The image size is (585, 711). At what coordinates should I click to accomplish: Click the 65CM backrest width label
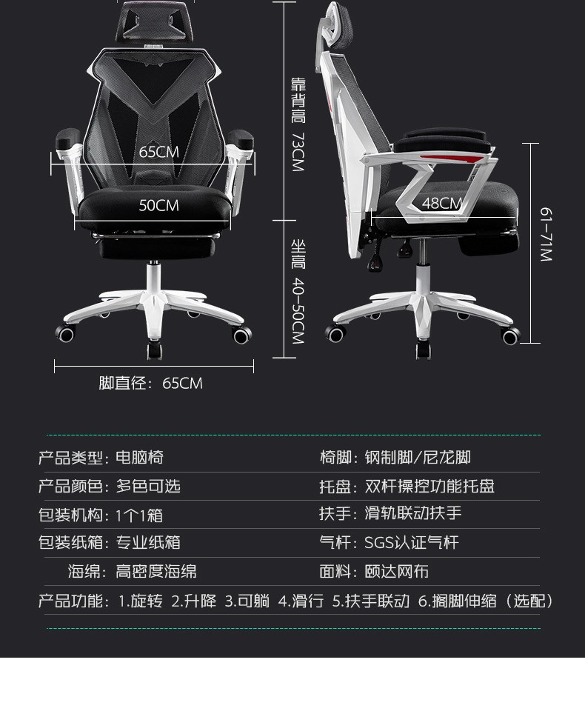pyautogui.click(x=159, y=152)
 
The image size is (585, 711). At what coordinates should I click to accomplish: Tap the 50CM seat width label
pyautogui.click(x=158, y=205)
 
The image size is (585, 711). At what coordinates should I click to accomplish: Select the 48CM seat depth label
pyautogui.click(x=442, y=203)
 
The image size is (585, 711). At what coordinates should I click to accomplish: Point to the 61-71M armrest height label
pyautogui.click(x=546, y=234)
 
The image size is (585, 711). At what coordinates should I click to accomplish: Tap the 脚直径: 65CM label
pyautogui.click(x=150, y=383)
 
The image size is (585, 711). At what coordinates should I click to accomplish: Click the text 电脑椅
pyautogui.click(x=139, y=458)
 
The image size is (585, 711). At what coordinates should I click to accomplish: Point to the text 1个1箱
pyautogui.click(x=139, y=515)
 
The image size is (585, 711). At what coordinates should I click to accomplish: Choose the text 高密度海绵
pyautogui.click(x=156, y=572)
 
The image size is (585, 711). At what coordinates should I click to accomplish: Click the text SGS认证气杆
pyautogui.click(x=412, y=543)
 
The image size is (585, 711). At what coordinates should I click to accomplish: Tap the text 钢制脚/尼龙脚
pyautogui.click(x=418, y=458)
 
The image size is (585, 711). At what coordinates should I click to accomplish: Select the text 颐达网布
pyautogui.click(x=397, y=572)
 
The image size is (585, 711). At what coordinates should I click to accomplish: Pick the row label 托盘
pyautogui.click(x=335, y=486)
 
